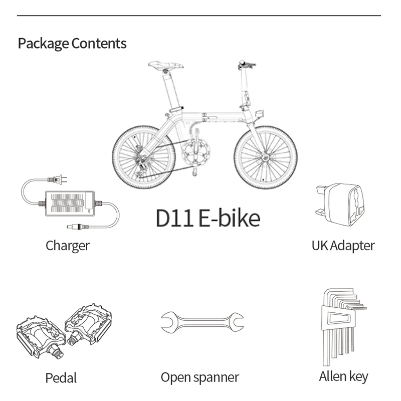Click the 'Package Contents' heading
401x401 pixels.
(x=72, y=44)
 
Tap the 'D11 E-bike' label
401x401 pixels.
(x=208, y=218)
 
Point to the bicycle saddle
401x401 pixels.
(x=165, y=65)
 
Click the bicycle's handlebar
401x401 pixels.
(x=246, y=65)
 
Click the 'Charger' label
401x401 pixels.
(x=68, y=246)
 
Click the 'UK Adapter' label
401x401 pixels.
(x=343, y=246)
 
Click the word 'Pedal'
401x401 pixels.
(x=61, y=377)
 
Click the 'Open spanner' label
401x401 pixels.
(x=199, y=377)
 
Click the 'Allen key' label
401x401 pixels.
(x=343, y=376)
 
